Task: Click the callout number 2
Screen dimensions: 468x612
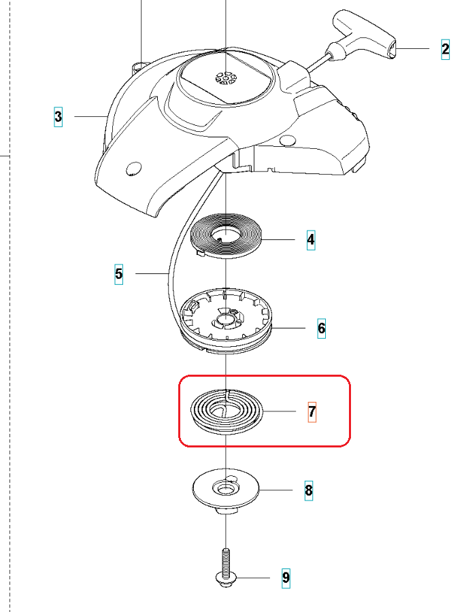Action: (x=446, y=50)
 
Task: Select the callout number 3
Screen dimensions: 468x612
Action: (x=58, y=117)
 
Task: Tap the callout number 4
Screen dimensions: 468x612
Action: (x=311, y=239)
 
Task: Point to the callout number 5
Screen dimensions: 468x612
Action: (x=118, y=275)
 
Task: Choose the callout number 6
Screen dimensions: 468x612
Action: (x=321, y=328)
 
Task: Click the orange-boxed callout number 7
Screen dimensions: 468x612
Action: (x=312, y=412)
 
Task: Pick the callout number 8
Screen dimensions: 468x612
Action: (x=309, y=490)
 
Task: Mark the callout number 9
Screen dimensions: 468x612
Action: (x=286, y=577)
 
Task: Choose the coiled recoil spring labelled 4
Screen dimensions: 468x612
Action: (x=227, y=236)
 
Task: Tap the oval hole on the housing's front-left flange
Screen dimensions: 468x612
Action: (x=133, y=169)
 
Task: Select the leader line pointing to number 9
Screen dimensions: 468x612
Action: (x=253, y=577)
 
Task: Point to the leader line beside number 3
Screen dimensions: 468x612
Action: (x=90, y=116)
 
